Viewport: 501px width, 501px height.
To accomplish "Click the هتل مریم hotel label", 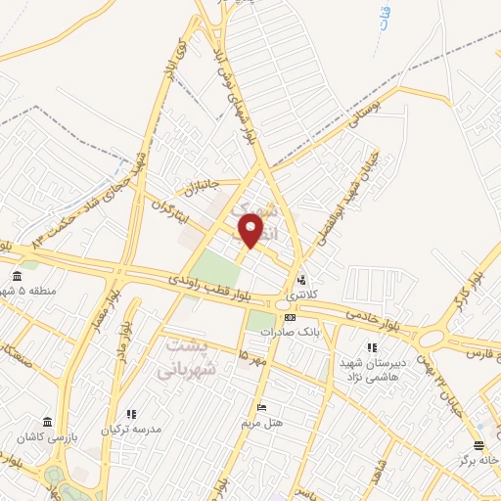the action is coord(262,424).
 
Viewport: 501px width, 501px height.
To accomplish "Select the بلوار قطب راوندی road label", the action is coord(214,289).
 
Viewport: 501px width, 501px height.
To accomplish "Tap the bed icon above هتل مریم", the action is coord(259,407).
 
